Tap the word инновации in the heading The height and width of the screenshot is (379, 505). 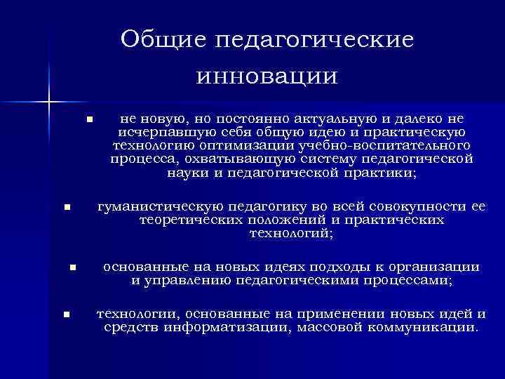267,74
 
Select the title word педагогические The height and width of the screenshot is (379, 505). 314,40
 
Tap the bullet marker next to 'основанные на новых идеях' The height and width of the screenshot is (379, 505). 72,267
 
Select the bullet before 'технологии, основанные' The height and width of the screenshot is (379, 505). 67,314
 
